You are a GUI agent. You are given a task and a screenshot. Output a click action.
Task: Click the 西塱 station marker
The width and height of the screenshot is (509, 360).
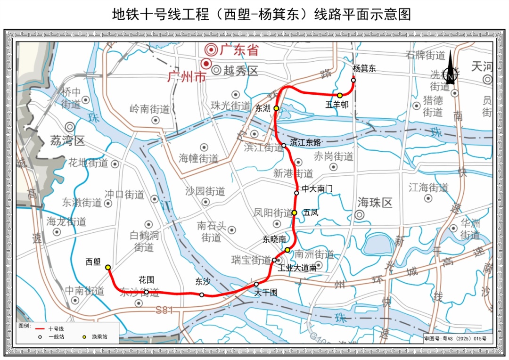[x=108, y=267]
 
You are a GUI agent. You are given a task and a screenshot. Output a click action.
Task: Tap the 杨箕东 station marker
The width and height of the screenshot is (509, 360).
[x=353, y=80]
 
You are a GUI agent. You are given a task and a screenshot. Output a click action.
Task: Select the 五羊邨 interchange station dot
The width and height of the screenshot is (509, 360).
[x=339, y=96]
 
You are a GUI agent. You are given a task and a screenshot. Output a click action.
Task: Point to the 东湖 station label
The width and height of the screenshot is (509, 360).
[x=263, y=108]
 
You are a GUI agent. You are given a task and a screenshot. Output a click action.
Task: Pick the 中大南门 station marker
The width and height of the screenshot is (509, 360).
[x=296, y=193]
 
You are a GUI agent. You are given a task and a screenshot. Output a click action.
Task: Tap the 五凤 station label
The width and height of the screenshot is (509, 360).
[x=311, y=213]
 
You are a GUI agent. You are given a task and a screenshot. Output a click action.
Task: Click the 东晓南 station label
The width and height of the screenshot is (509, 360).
[x=274, y=239]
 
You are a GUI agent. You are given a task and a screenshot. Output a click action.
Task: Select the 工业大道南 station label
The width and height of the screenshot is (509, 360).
[x=297, y=268]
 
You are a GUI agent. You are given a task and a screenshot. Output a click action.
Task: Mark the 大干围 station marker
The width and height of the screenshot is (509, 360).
[x=256, y=284]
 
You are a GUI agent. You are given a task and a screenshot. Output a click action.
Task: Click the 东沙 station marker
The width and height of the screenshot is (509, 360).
[x=202, y=295]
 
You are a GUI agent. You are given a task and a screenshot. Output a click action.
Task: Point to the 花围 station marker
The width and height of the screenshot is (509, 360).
[x=147, y=292]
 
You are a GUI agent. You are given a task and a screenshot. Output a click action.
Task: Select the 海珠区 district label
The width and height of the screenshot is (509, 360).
[x=375, y=203]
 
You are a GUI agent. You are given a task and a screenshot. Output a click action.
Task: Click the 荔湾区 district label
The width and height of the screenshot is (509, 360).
[x=67, y=140]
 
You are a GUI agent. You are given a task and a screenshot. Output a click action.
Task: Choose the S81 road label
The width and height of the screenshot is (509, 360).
[x=164, y=310]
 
